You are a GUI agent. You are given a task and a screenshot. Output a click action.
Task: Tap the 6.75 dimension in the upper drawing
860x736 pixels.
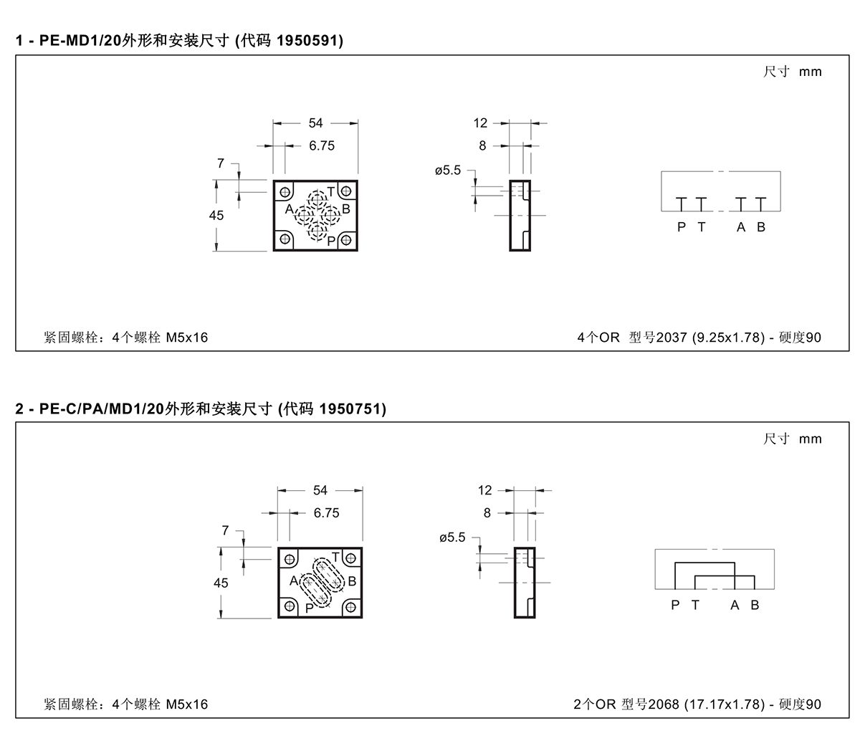pos(322,145)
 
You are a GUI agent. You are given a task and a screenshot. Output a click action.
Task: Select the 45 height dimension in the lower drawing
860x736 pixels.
pos(221,583)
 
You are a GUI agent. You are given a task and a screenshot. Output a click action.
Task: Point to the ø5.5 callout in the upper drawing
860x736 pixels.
pos(448,170)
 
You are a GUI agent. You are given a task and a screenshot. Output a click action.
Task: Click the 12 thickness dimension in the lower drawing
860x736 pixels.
pos(484,490)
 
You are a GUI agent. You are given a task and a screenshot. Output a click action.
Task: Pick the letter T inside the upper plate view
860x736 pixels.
pos(331,192)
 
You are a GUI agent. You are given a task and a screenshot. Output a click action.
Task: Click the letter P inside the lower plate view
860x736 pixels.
pos(309,608)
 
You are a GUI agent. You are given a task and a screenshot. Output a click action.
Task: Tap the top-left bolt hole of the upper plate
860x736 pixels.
pos(285,192)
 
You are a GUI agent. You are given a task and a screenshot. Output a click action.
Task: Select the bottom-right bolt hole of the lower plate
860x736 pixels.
pos(350,606)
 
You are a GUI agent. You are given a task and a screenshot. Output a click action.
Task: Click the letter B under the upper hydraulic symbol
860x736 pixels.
pos(761,226)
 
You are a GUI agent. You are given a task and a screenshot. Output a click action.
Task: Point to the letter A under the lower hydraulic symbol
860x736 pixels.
pos(735,605)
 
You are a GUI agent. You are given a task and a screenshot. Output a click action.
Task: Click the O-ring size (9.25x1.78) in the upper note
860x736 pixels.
pos(729,337)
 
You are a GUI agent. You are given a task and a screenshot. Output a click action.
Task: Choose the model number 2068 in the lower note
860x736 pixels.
pos(664,704)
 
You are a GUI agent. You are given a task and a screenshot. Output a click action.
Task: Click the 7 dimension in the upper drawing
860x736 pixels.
pos(221,163)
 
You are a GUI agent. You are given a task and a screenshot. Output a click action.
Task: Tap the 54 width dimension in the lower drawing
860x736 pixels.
pos(320,490)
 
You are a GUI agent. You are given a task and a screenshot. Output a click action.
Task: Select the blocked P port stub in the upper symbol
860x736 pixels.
pos(681,204)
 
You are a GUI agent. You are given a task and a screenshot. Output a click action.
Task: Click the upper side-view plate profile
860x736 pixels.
pos(520,216)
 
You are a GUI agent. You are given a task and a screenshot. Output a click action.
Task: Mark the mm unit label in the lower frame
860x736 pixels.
pos(810,439)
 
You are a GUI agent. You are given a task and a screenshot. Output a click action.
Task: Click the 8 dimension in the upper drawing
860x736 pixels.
pos(482,145)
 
